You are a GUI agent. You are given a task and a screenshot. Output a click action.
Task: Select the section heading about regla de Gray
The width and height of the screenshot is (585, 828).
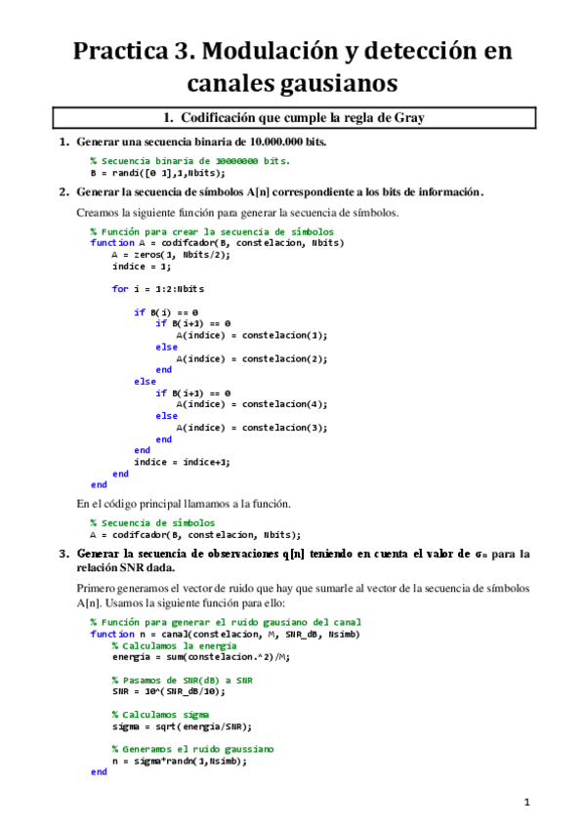point(293,118)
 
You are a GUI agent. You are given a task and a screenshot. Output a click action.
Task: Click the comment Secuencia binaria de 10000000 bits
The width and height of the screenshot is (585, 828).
point(189,160)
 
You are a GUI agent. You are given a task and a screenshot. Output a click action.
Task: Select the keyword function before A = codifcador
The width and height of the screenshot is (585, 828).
point(111,242)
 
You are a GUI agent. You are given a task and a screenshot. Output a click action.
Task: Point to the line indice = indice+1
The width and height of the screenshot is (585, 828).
point(183,461)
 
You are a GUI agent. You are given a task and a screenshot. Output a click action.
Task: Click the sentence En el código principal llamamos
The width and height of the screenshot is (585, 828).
point(184,504)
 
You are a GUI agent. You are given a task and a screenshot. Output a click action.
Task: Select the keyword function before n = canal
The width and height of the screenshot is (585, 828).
point(111,633)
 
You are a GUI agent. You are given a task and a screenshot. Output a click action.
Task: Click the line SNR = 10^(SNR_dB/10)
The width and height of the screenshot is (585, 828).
point(168,691)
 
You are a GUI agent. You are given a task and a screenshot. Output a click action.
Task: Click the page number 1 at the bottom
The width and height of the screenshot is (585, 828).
point(525,802)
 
